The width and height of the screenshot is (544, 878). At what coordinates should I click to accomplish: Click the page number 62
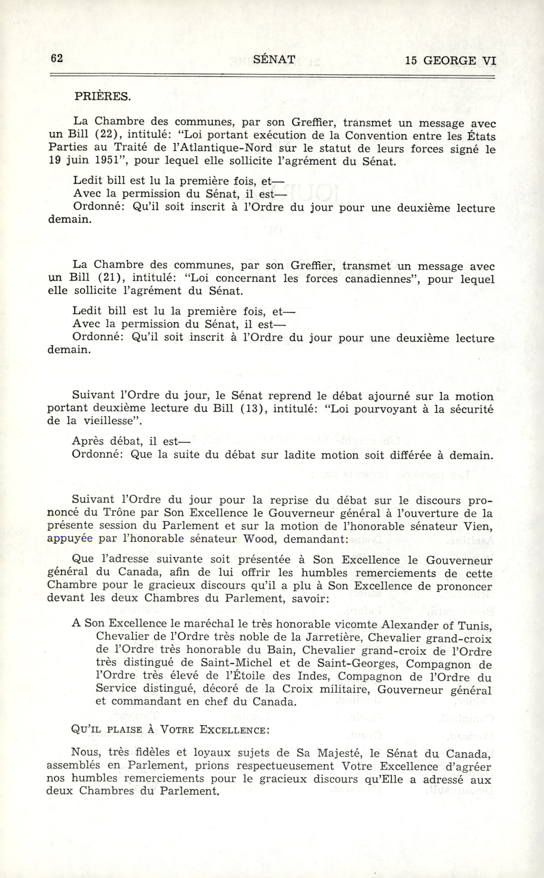coord(57,58)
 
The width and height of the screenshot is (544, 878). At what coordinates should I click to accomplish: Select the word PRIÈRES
coord(102,96)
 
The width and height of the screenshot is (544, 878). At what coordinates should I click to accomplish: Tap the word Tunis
coord(475,625)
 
